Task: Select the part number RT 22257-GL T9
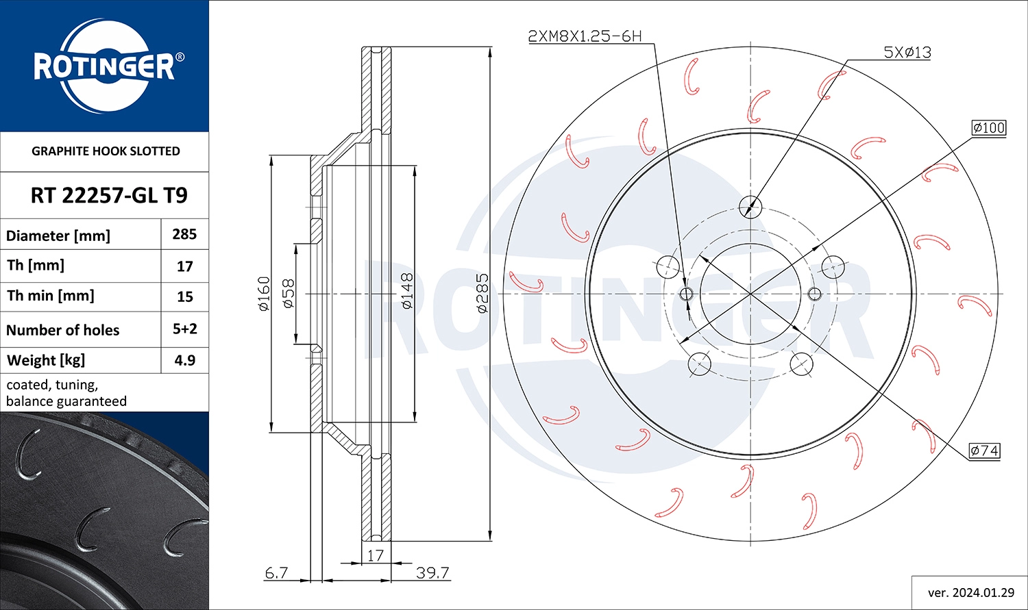(109, 195)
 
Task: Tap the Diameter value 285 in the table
(184, 234)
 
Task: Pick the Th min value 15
(185, 296)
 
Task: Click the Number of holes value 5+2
(185, 329)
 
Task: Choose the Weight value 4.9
(185, 360)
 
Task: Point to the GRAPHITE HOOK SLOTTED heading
(106, 151)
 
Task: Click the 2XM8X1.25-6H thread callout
(585, 36)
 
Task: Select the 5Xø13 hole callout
(907, 52)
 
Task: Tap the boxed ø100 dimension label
(989, 127)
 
